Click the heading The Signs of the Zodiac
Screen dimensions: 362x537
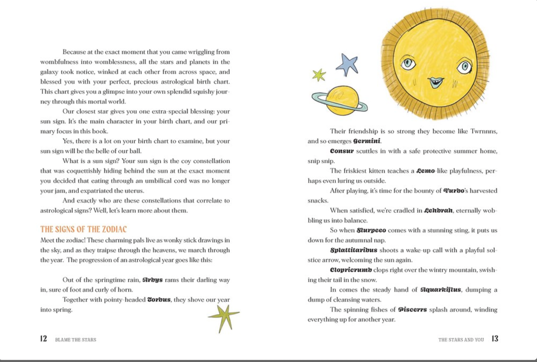coord(83,229)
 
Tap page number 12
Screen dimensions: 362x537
coord(44,339)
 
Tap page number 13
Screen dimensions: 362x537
coord(495,339)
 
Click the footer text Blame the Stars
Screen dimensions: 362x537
coord(76,340)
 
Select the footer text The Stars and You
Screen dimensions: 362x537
coord(461,340)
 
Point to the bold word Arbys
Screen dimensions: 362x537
coord(152,280)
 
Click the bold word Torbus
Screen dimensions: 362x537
coord(159,299)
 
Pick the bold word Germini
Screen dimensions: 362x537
coord(367,141)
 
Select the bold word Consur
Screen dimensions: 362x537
coord(342,151)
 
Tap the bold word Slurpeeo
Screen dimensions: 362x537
coord(371,230)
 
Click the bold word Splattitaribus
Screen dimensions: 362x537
coord(354,250)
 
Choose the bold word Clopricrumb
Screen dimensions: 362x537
coord(351,270)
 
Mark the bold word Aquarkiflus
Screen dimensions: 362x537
coord(441,290)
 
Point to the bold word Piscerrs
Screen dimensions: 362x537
coord(412,310)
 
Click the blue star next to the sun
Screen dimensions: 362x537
coord(347,65)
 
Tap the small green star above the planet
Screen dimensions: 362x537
coord(319,75)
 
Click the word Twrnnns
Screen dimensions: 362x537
coord(484,131)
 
